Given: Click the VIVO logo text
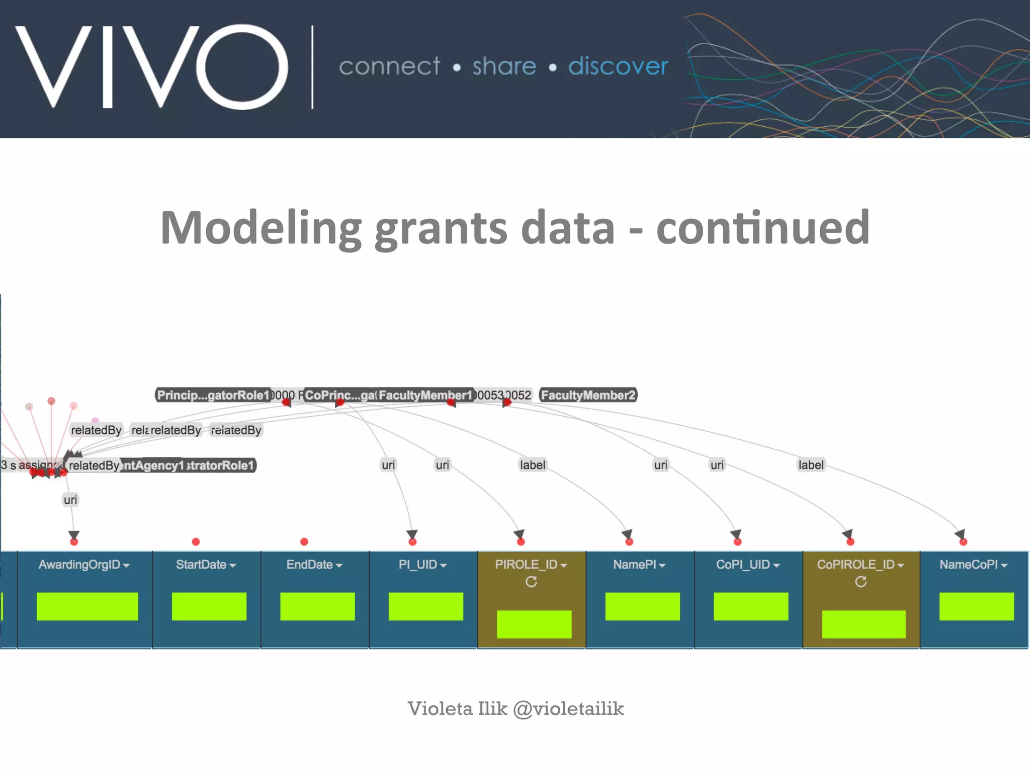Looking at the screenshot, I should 151,66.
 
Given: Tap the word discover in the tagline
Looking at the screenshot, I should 618,66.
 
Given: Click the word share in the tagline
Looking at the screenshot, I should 504,66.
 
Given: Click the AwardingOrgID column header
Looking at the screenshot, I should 84,565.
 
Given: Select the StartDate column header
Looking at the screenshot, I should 206,565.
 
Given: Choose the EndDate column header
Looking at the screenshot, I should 314,565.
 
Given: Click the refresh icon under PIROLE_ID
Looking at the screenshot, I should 531,582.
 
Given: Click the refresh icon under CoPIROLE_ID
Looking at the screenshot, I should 861,582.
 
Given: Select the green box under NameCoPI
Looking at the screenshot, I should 976,606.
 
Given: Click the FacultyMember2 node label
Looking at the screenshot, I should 588,395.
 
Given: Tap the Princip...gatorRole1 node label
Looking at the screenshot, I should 213,395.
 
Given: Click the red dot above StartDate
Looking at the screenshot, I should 196,542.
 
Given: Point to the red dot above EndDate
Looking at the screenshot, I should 304,542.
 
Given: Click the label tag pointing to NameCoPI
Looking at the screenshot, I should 811,465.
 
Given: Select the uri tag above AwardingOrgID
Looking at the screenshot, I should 70,500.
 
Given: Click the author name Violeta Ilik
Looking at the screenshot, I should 457,709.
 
